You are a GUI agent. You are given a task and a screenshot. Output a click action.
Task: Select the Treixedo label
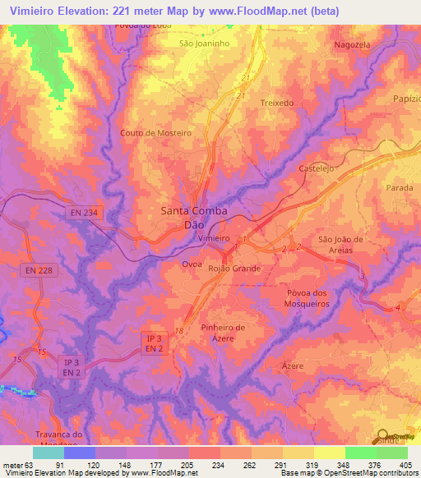[277, 103]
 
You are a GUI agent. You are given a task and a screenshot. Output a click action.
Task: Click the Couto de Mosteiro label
[155, 132]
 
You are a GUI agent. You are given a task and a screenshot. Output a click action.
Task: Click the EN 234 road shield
[84, 213]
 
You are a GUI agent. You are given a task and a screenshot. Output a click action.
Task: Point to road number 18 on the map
[178, 329]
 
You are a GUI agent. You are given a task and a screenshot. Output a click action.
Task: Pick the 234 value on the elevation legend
[217, 466]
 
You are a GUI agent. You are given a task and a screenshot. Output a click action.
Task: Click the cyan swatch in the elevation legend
[48, 453]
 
